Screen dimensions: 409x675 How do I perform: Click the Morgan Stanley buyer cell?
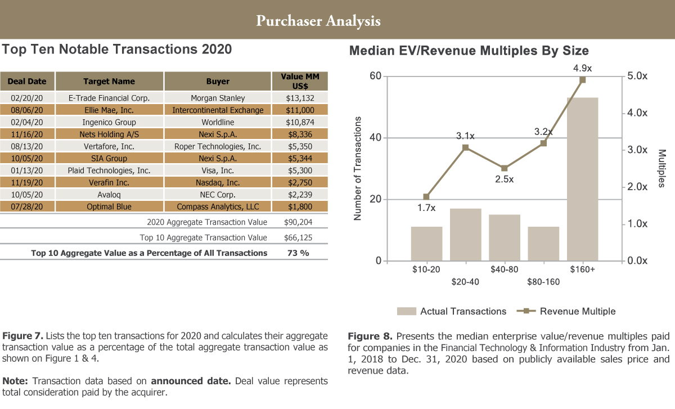click(218, 98)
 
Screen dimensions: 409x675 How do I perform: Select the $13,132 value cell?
click(300, 98)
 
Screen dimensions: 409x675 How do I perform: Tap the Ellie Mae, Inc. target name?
click(109, 110)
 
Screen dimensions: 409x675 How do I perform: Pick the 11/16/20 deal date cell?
click(27, 134)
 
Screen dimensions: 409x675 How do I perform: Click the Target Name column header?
click(109, 82)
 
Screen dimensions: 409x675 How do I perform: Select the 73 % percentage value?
click(298, 253)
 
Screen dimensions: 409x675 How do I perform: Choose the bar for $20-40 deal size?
click(465, 235)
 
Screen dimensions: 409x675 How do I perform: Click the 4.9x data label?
click(582, 69)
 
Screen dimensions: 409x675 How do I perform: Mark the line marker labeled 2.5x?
click(505, 168)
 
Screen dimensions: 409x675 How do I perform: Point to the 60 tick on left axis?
click(375, 77)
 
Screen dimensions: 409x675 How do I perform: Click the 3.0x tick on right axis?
click(637, 150)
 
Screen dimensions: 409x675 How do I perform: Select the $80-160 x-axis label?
click(543, 282)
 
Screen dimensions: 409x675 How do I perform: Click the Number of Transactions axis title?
click(357, 169)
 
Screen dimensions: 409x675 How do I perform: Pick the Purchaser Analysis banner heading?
click(318, 21)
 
